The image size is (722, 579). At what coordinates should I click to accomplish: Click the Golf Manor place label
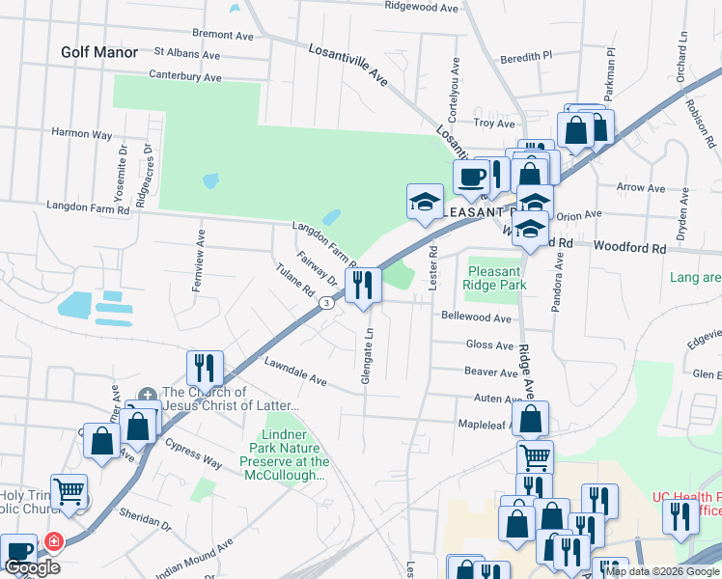coord(99,51)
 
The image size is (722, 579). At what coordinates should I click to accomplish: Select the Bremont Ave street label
coord(223,35)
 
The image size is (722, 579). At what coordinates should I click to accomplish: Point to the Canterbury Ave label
coord(185,76)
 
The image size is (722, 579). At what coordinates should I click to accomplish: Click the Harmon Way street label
coord(82,133)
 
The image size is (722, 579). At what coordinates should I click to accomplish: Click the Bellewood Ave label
coord(476,317)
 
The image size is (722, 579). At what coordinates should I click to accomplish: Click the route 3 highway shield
coord(327,303)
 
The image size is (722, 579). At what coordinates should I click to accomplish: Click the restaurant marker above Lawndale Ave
coord(206,368)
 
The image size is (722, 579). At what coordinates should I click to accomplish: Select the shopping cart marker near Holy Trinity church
coord(69,491)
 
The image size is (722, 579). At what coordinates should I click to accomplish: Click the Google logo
coord(32,567)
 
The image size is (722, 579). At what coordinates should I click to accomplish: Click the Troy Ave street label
coord(494,124)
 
